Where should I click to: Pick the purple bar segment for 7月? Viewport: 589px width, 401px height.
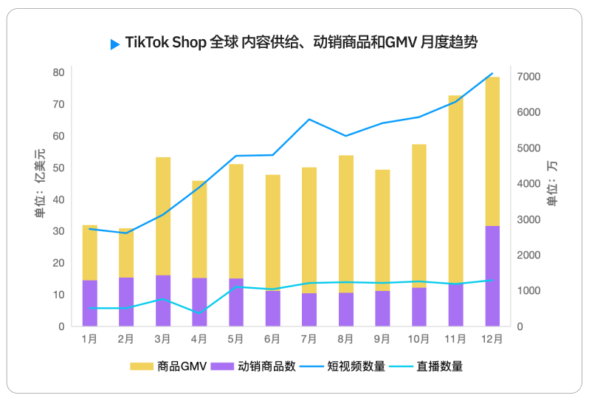point(309,309)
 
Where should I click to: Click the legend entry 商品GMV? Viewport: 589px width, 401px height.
point(170,366)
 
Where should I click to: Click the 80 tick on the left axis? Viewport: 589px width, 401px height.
point(58,72)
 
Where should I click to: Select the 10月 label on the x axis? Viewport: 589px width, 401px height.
point(418,340)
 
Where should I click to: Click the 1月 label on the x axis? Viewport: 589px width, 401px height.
point(89,340)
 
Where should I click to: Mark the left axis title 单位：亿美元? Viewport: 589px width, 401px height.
point(39,183)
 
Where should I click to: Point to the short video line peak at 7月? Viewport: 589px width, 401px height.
point(309,119)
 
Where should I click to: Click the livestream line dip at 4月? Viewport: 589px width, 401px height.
point(199,313)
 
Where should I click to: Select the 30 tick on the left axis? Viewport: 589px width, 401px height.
point(58,231)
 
